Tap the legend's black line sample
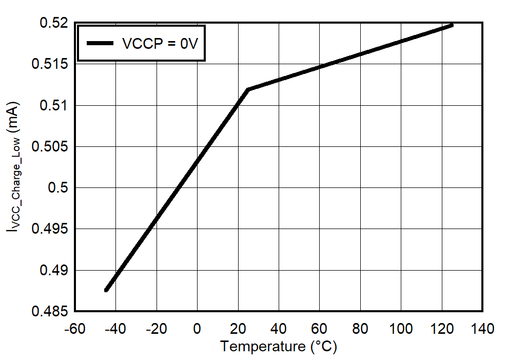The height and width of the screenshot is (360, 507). [100, 44]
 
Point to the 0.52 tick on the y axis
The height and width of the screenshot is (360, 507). [53, 23]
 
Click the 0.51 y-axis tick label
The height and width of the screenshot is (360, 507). [53, 105]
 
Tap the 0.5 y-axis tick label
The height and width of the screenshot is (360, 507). [57, 187]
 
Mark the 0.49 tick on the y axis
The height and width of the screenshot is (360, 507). [53, 270]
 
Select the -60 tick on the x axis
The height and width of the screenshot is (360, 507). [75, 328]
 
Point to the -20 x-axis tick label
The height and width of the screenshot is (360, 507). [156, 328]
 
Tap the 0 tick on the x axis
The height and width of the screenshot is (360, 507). [197, 328]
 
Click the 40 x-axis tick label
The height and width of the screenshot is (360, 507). [279, 328]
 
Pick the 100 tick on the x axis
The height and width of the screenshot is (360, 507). [401, 328]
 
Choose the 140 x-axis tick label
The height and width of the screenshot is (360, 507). [482, 328]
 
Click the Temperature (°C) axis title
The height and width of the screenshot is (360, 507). [279, 347]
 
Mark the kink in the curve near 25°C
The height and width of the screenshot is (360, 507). [248, 90]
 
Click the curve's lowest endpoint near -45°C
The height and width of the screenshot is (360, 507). [106, 290]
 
